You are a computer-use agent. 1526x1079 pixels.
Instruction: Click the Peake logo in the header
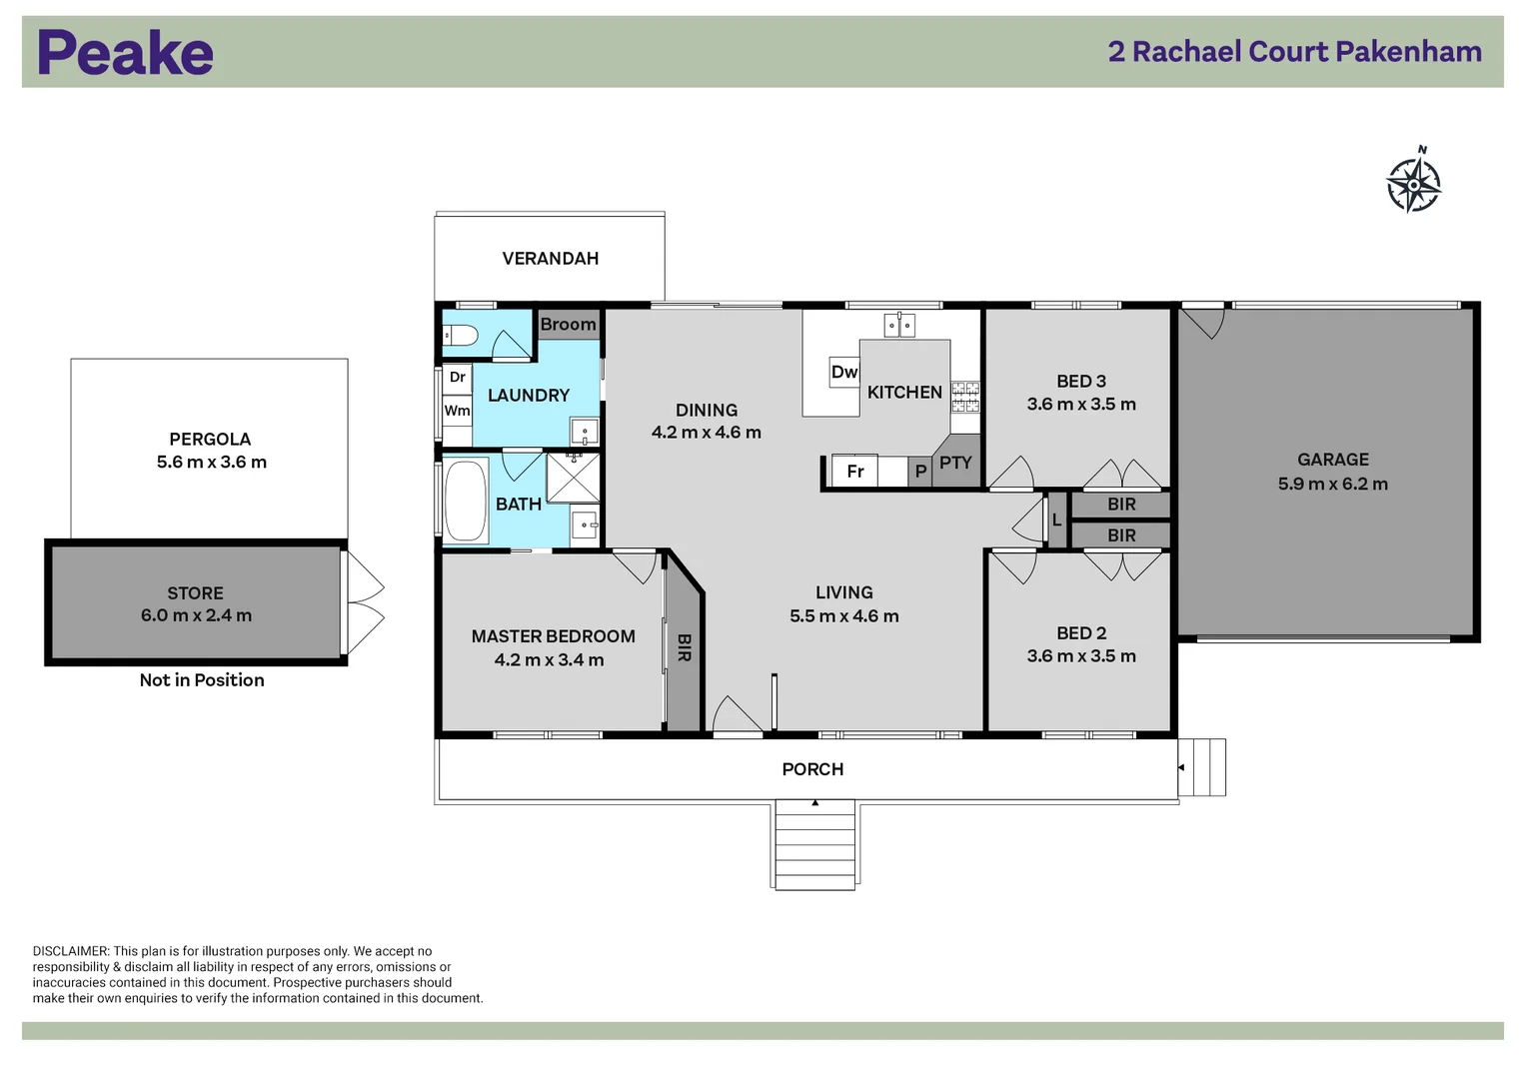[125, 53]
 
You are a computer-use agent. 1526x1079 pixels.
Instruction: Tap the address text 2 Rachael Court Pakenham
[1294, 52]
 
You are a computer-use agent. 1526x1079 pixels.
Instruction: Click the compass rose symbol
[1413, 183]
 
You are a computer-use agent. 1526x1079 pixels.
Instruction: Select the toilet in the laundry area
[461, 336]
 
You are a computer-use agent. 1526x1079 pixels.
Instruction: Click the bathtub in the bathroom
[465, 501]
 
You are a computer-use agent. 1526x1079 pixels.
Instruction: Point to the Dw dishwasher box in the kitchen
[844, 372]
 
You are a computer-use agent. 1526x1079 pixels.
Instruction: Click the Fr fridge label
[855, 471]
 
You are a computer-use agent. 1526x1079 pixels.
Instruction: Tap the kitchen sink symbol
[899, 325]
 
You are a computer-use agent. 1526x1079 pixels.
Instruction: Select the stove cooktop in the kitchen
[964, 397]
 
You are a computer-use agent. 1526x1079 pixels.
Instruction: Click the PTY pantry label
[955, 463]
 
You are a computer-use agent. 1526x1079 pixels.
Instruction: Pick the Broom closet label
[568, 325]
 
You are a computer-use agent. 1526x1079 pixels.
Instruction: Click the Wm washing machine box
[457, 411]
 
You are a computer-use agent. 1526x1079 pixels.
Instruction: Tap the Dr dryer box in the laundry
[457, 377]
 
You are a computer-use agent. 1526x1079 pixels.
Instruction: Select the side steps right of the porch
[1202, 767]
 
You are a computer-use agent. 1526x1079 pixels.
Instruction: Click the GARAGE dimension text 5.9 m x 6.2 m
[1332, 485]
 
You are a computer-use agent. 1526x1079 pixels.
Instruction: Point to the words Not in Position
[202, 680]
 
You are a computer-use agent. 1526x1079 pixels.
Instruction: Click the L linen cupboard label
[1056, 520]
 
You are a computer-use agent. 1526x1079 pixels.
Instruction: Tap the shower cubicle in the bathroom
[573, 478]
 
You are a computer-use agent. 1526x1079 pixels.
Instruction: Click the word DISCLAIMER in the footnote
[70, 952]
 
